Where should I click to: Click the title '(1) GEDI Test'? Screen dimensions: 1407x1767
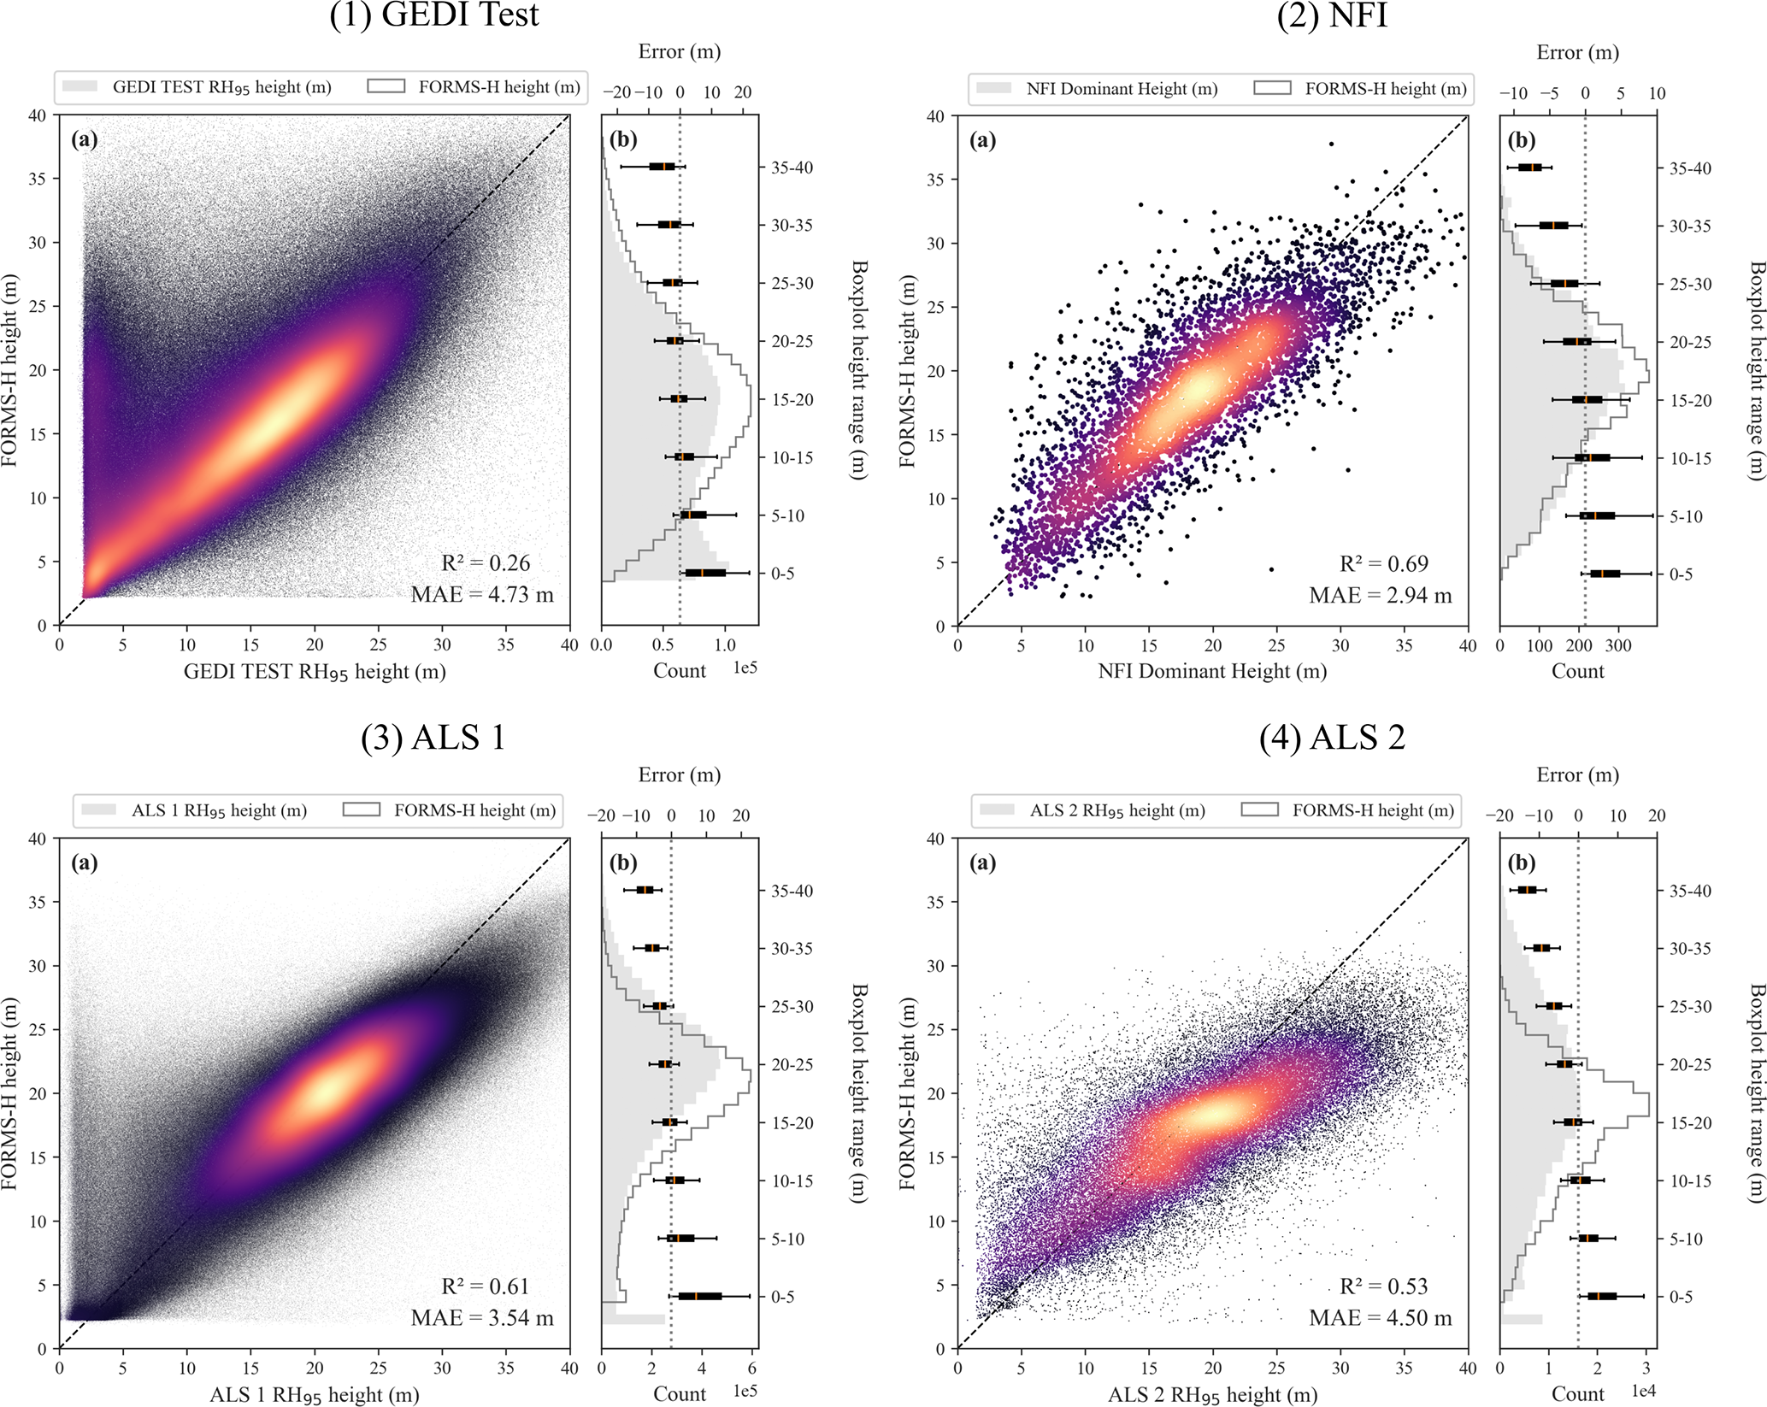tap(434, 15)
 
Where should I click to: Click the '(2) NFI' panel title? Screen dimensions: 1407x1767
tap(1332, 15)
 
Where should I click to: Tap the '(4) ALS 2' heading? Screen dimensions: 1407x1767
tap(1332, 738)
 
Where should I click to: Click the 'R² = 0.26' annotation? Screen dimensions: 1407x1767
tap(486, 563)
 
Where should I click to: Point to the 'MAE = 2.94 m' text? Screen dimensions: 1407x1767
tap(1380, 596)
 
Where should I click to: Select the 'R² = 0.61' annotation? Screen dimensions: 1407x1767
tap(486, 1286)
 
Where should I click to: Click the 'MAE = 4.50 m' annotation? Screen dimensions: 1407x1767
tap(1380, 1318)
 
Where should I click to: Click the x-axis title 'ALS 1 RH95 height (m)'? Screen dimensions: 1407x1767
tap(315, 1395)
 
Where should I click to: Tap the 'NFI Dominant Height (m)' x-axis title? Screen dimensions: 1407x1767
tap(1212, 672)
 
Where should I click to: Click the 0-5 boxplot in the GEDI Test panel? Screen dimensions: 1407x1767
tap(705, 573)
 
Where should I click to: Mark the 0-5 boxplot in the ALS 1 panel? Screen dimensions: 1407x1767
tap(699, 1297)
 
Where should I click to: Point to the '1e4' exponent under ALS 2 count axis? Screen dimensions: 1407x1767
tap(1643, 1392)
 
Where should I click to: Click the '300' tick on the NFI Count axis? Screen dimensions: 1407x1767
tap(1617, 646)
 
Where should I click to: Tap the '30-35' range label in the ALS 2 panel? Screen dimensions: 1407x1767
tap(1690, 949)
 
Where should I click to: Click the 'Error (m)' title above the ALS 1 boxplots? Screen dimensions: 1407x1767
tap(680, 775)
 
